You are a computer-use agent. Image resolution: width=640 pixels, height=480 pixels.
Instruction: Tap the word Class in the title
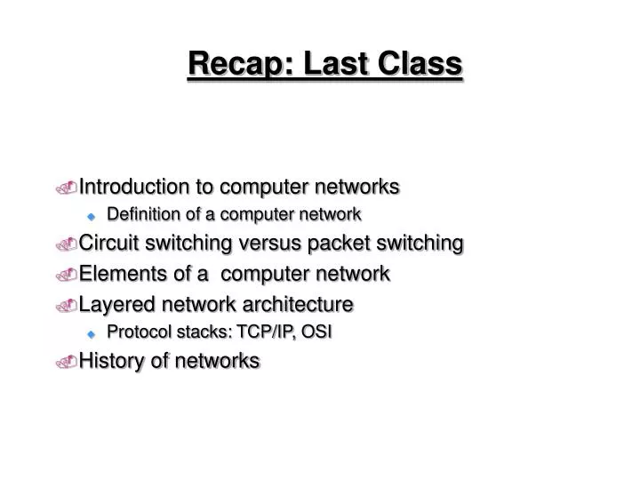point(423,64)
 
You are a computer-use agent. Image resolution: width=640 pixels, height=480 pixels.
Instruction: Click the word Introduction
point(133,187)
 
